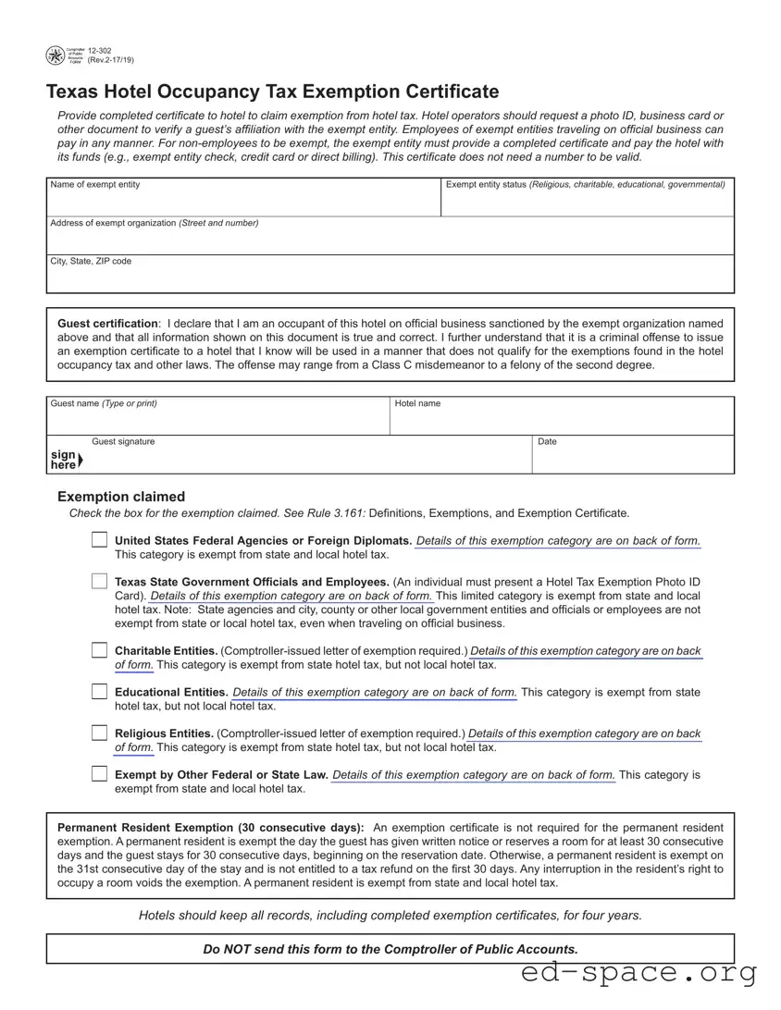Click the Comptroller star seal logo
[x=56, y=55]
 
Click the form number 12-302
[x=100, y=50]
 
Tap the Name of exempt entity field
[x=243, y=203]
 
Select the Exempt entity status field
[x=587, y=203]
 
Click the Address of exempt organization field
[x=390, y=240]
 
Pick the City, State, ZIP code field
[x=390, y=279]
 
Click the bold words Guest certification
[x=107, y=324]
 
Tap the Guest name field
[x=218, y=421]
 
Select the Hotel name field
[x=561, y=421]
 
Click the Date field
[x=633, y=460]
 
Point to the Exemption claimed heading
[x=121, y=497]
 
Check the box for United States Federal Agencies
[x=99, y=540]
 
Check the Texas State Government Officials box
[x=99, y=582]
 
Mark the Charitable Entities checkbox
[x=99, y=650]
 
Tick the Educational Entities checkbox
[x=99, y=692]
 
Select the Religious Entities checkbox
[x=99, y=733]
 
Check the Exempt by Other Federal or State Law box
[x=99, y=774]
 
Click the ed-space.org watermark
[x=639, y=973]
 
